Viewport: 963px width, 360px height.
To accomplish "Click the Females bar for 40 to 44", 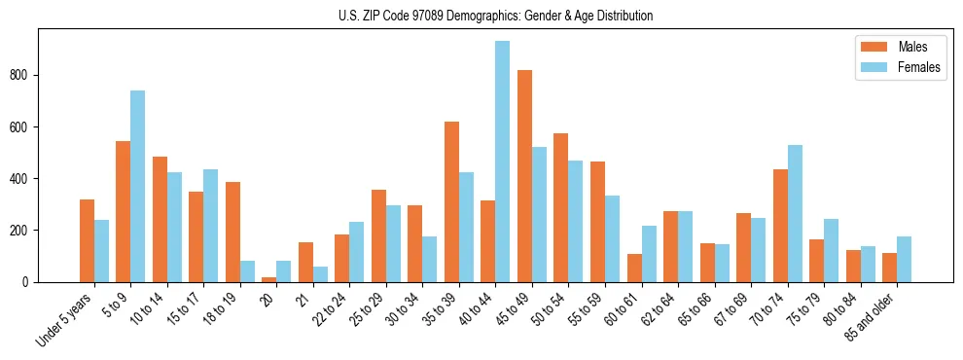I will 503,162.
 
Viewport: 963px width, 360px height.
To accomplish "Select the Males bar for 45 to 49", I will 524,176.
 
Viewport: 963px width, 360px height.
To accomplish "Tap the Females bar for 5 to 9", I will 138,186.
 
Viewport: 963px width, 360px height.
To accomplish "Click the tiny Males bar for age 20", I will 269,279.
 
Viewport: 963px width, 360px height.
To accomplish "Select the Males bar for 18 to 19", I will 232,232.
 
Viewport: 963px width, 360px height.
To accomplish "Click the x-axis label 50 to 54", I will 551,306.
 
